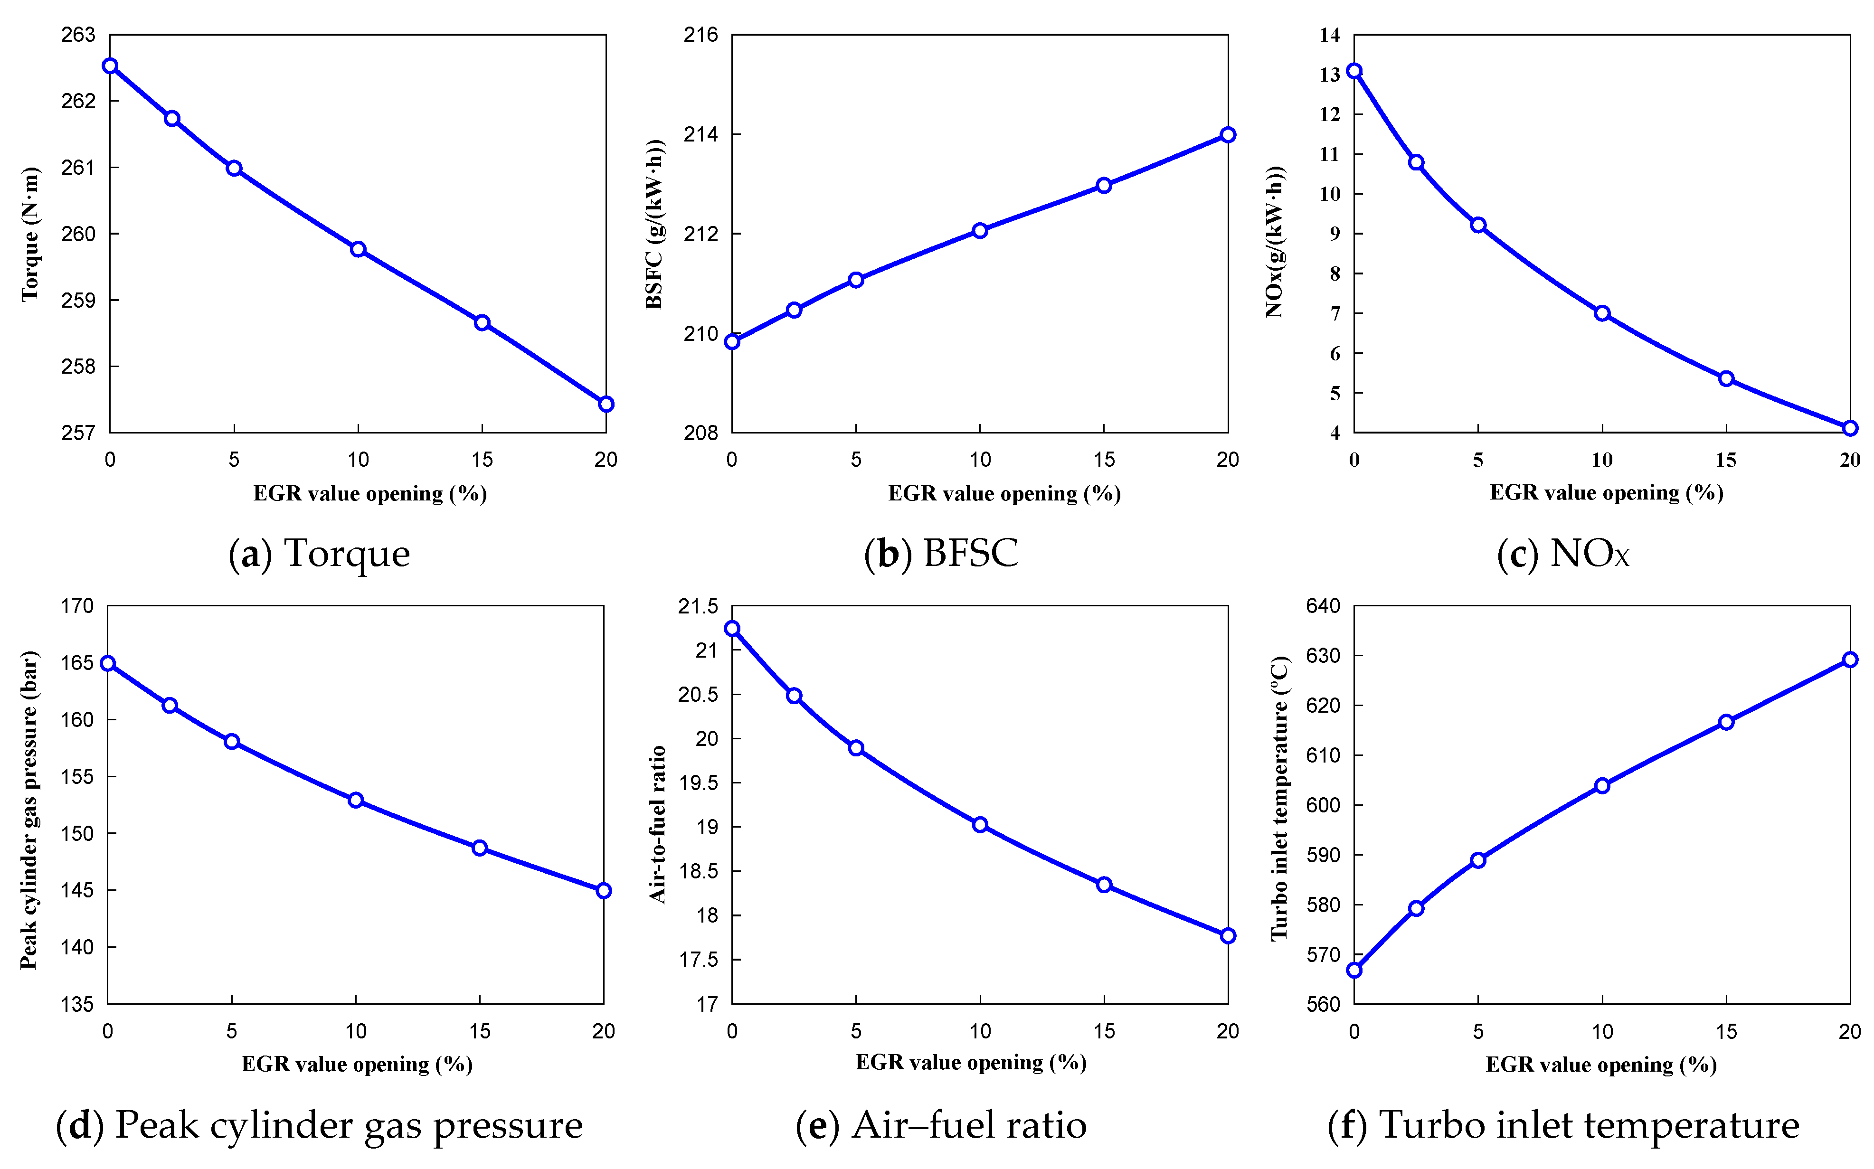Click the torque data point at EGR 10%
[x=358, y=249]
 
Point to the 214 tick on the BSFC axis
[x=700, y=134]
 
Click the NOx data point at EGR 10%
[x=1602, y=313]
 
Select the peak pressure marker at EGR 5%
[x=232, y=742]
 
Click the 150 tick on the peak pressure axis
[x=77, y=833]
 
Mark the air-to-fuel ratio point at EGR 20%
[x=1228, y=935]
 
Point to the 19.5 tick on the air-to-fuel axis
[x=698, y=783]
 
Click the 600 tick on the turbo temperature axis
[x=1323, y=805]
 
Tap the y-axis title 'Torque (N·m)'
[x=29, y=234]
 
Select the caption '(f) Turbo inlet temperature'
[x=1563, y=1125]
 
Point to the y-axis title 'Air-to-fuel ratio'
[x=657, y=824]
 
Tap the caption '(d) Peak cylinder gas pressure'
[x=319, y=1125]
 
